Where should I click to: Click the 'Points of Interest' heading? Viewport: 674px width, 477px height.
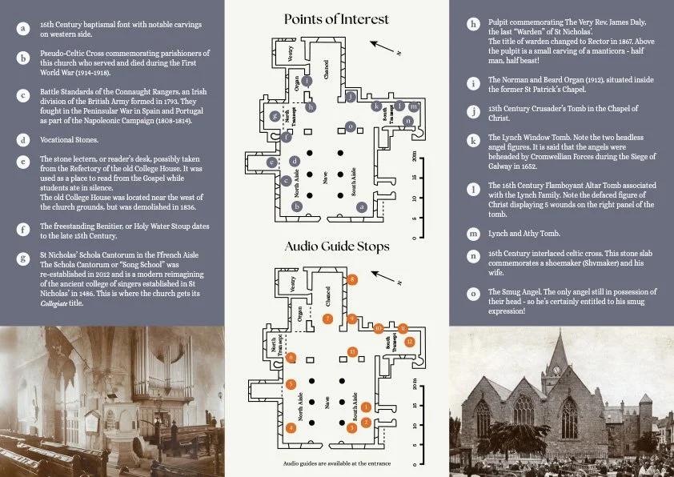(x=336, y=19)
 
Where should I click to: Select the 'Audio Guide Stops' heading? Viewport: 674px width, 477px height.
(x=336, y=246)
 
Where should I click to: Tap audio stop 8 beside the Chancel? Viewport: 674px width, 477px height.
(x=353, y=279)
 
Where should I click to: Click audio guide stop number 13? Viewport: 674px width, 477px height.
(x=352, y=352)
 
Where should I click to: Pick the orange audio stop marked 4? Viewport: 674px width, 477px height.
(x=291, y=428)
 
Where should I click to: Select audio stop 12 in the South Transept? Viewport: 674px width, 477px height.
(x=409, y=342)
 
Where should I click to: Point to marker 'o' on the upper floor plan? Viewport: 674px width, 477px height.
(x=350, y=126)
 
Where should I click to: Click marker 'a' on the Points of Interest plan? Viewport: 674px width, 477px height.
(x=362, y=206)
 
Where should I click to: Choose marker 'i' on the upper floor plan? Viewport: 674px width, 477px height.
(x=311, y=106)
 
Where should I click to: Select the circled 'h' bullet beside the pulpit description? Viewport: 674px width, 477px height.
(x=474, y=25)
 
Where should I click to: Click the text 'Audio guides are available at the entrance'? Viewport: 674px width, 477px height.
(x=336, y=463)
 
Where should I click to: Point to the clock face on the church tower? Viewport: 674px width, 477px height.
(x=555, y=371)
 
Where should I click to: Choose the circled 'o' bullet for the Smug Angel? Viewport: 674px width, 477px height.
(x=474, y=294)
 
